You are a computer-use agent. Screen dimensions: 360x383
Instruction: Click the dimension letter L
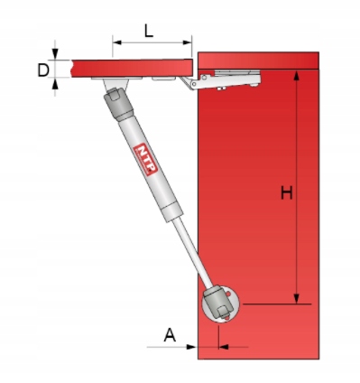pos(149,32)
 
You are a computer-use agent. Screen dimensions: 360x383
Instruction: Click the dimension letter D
pos(43,70)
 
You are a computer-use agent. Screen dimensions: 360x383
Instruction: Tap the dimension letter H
pos(287,192)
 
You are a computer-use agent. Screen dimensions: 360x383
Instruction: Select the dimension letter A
pos(170,335)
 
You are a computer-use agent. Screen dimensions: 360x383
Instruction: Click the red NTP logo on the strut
pos(146,159)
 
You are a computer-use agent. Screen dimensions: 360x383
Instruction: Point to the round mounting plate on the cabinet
pos(221,304)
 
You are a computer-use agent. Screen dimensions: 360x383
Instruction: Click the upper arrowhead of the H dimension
pos(297,76)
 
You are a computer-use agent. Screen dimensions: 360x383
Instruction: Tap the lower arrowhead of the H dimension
pos(297,298)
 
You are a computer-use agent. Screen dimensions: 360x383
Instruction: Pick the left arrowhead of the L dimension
pos(117,42)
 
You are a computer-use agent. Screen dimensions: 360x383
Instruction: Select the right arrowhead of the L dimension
pos(187,42)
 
